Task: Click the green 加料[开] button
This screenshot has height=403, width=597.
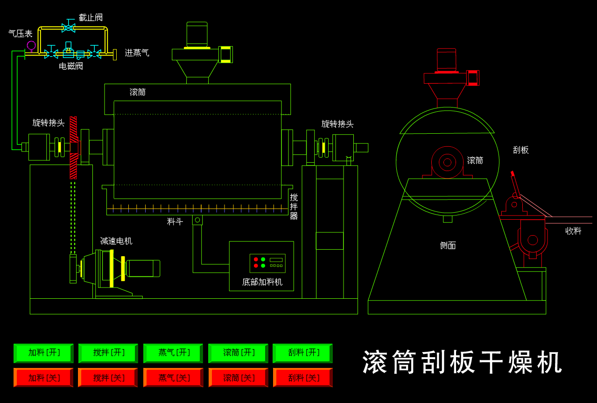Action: (43, 353)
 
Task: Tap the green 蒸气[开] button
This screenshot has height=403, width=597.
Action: (173, 353)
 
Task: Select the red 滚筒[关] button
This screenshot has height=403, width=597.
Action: (238, 378)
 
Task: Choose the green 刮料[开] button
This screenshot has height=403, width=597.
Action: (302, 353)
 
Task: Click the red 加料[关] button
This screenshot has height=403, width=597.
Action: (43, 378)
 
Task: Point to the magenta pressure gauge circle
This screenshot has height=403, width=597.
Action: (31, 45)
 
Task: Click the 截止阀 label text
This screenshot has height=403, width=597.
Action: (91, 18)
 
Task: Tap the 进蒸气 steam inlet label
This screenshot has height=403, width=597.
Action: (137, 53)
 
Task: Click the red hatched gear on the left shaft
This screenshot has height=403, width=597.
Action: (73, 148)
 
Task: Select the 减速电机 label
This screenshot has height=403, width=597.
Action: (116, 241)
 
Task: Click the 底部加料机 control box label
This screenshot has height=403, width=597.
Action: (262, 282)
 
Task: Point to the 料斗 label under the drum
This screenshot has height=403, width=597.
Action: (175, 222)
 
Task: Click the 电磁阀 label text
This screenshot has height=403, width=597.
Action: (71, 66)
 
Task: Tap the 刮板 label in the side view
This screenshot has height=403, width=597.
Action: (520, 150)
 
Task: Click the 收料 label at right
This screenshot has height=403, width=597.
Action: (573, 231)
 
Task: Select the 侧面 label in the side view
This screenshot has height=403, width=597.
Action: (448, 245)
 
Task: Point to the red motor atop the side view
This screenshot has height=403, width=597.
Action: (447, 60)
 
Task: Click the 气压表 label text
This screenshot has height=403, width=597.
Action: (21, 34)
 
